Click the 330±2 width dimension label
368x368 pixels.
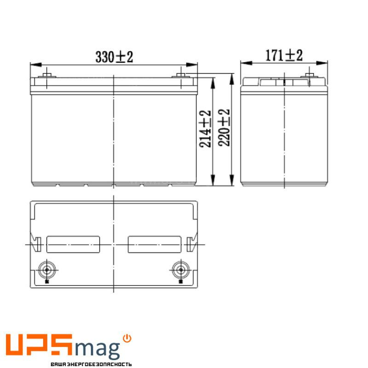114,57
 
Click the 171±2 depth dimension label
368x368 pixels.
284,56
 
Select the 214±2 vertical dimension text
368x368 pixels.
206,129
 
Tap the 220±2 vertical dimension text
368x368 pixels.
224,128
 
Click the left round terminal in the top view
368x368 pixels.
46,269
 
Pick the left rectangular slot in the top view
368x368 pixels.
74,244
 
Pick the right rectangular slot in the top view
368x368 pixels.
154,244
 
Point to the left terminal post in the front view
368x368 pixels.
46,75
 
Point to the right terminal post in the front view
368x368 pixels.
181,75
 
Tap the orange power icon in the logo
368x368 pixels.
127,338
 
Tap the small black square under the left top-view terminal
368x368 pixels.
46,281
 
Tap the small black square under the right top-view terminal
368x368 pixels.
180,281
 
